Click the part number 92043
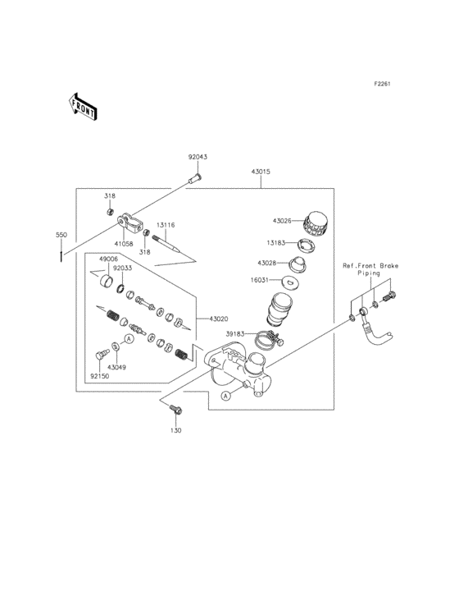(x=198, y=157)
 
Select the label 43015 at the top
(x=261, y=172)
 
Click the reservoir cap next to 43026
(x=315, y=222)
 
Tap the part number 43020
(x=220, y=319)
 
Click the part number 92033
(x=123, y=268)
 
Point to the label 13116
(x=166, y=224)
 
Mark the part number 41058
(x=124, y=244)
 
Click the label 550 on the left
(x=61, y=236)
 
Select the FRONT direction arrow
(x=83, y=106)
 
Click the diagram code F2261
(x=382, y=84)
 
